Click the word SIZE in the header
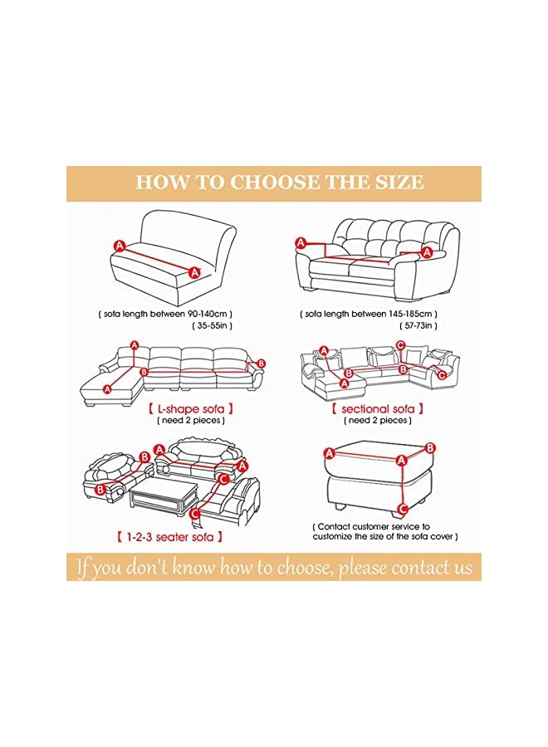397,183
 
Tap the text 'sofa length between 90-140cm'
164,314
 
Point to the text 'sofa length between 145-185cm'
369,314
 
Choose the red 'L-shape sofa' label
190,408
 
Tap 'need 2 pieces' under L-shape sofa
190,421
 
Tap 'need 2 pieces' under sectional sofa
378,421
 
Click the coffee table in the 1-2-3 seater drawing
162,500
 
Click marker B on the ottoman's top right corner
429,447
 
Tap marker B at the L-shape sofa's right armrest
261,363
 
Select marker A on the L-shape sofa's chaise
108,388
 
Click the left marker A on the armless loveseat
119,246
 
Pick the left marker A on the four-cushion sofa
301,242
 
